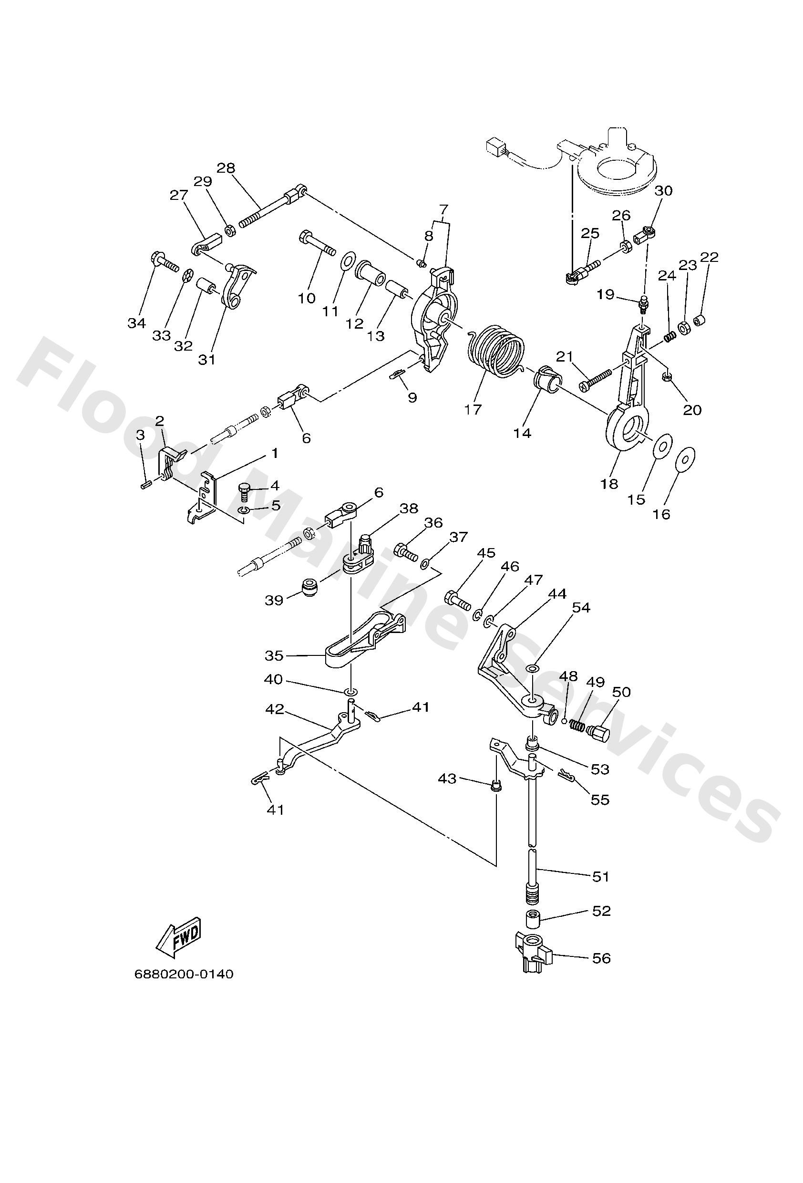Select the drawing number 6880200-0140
click(x=184, y=974)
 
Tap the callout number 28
click(x=226, y=167)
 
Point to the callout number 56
click(x=601, y=958)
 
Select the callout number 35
click(x=274, y=655)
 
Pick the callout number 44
click(x=558, y=593)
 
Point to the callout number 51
click(x=601, y=876)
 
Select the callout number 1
click(x=274, y=453)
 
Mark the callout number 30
click(x=663, y=190)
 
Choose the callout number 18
click(x=609, y=483)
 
